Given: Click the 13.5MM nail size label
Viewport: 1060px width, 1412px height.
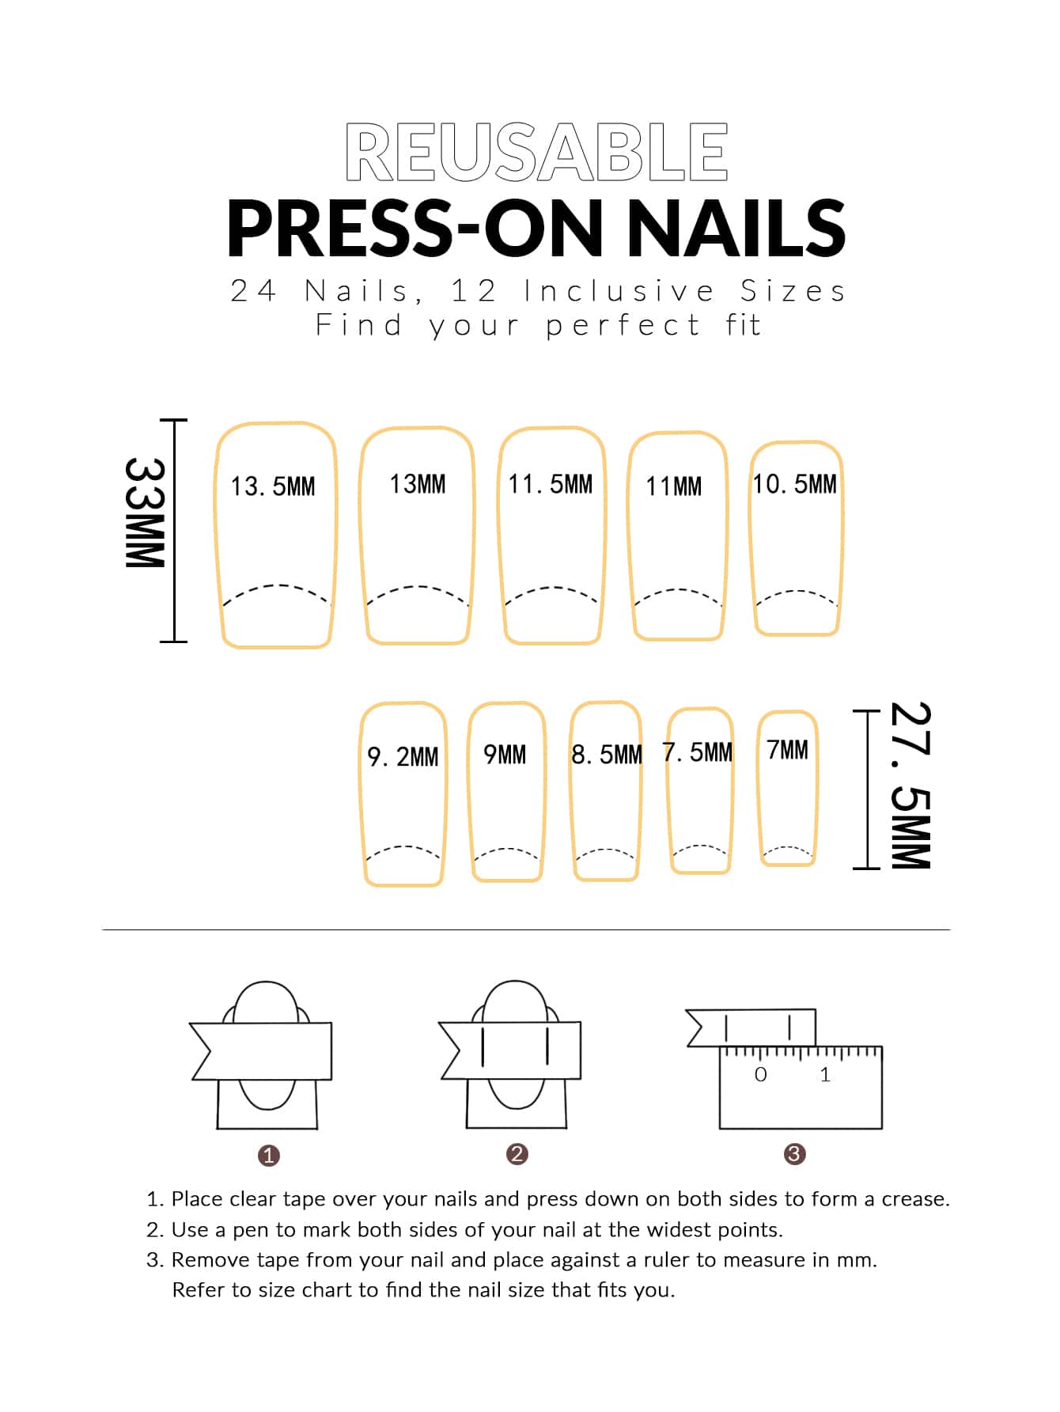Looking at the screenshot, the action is coord(273,486).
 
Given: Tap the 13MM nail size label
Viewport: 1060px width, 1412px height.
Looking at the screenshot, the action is coord(418,483).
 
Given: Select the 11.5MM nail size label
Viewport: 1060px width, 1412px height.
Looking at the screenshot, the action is coord(551,483).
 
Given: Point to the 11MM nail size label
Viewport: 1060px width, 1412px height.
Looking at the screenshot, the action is coord(674,486).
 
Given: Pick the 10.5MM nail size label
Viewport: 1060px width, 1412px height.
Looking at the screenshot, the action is coord(794,483).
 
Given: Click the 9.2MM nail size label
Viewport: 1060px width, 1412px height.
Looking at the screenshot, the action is coord(403,756).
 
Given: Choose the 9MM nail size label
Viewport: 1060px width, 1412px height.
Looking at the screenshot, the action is coord(505,754).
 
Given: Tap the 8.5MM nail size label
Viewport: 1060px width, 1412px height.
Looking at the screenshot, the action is coord(607,754).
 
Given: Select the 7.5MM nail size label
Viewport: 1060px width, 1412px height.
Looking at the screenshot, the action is coord(698,751).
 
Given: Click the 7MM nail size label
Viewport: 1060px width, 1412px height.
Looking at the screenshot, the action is coord(788,749).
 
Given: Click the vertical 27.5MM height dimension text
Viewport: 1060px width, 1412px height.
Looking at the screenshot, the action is coord(910,785).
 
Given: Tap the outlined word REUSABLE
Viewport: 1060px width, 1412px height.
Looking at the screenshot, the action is coord(536,151).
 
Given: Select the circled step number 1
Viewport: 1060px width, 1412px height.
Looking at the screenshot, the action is coord(269,1155).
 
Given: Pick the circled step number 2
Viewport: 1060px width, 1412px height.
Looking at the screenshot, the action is coord(517,1153).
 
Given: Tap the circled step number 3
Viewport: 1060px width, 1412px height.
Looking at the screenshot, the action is coord(794,1153).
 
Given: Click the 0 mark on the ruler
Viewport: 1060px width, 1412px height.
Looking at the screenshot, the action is coord(761,1074).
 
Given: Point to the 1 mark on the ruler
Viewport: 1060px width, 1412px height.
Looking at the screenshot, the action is coord(825,1074).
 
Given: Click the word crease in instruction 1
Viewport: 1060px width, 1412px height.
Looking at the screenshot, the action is coord(915,1199).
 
